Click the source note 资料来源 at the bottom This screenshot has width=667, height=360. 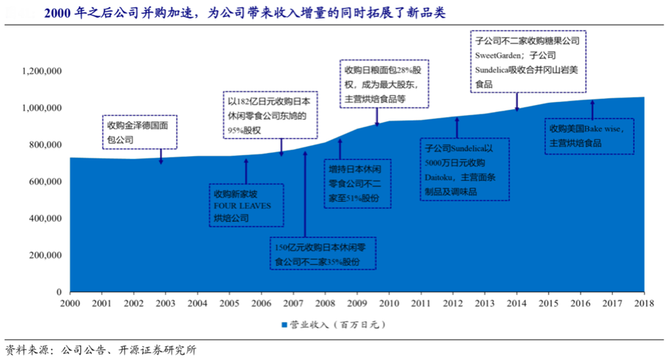(x=100, y=349)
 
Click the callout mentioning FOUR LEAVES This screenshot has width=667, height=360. (x=246, y=205)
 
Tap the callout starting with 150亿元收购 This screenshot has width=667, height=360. (x=323, y=254)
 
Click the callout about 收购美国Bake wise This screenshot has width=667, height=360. (x=589, y=135)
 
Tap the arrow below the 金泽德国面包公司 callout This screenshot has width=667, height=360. (x=161, y=157)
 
